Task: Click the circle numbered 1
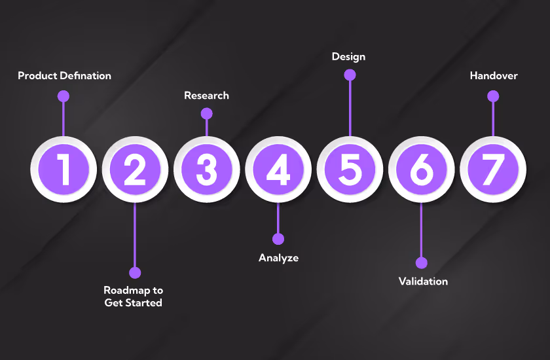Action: pos(64,170)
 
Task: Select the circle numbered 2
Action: pos(135,170)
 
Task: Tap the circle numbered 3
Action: pos(207,170)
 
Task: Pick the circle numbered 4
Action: pos(278,170)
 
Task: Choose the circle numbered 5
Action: pos(350,170)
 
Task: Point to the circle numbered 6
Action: pos(421,170)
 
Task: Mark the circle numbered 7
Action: pos(492,170)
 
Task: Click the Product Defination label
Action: pos(64,76)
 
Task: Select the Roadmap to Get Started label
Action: pos(134,297)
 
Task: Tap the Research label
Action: pos(206,96)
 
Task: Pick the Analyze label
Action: pos(278,258)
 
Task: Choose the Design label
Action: pos(348,57)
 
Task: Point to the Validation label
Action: pos(423,281)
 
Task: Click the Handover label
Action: pos(494,76)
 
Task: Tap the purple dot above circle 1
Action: pos(64,96)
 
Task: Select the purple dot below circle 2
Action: pos(135,272)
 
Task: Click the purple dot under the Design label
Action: pos(350,75)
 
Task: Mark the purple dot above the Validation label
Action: pos(421,262)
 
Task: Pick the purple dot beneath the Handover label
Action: pos(493,96)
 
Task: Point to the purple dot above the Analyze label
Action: pos(278,239)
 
